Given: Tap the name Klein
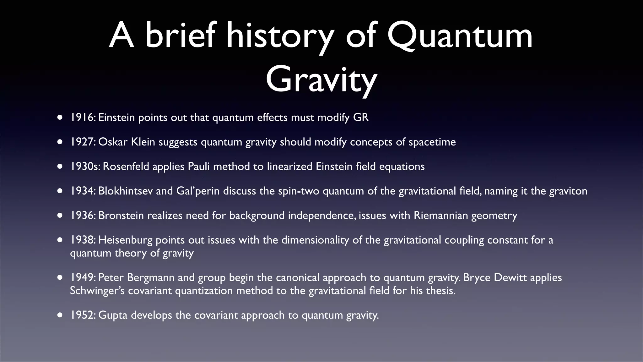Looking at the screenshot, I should point(143,142).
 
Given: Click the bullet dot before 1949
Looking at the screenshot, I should point(60,278).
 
